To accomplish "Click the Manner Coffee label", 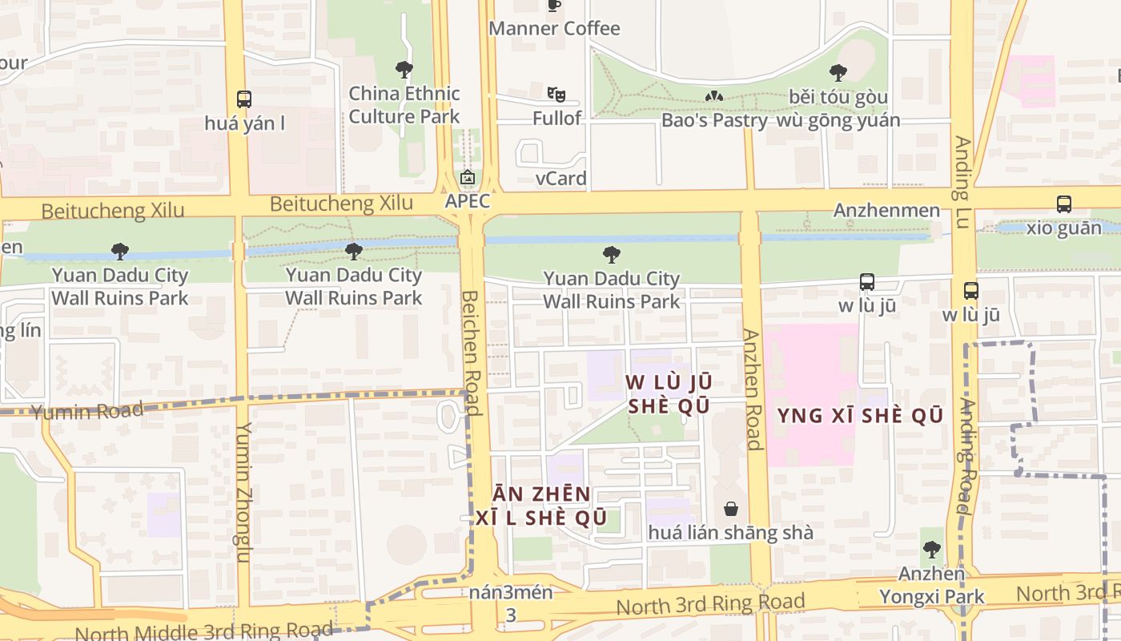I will click(x=554, y=29).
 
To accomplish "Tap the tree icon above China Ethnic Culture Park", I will click(x=404, y=70).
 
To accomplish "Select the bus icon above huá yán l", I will click(x=244, y=99).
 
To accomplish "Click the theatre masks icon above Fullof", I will click(x=556, y=95).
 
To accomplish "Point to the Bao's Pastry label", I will click(x=713, y=120).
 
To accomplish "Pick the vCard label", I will click(x=560, y=178).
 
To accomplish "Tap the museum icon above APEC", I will click(x=468, y=177).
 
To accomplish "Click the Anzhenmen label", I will click(x=886, y=211).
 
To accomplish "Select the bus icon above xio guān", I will click(x=1063, y=204).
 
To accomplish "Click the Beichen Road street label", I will click(x=472, y=353).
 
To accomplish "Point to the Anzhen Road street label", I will click(x=751, y=389).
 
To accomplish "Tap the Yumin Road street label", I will click(x=87, y=412).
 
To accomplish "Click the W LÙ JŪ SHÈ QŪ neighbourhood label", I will click(x=669, y=394).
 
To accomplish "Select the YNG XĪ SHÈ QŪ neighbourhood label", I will click(x=860, y=416).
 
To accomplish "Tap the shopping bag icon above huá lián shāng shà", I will click(x=730, y=509).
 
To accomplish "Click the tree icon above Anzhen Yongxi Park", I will click(x=931, y=550).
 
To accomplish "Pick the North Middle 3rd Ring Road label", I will click(x=203, y=631).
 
